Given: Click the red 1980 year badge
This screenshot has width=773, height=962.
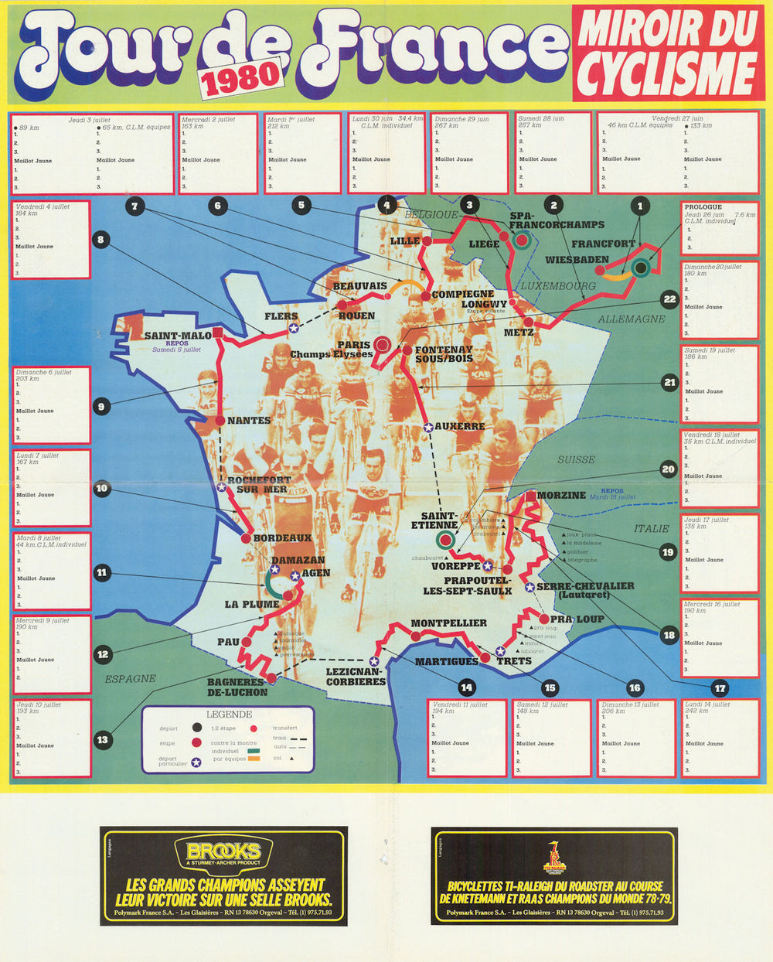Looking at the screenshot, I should (240, 77).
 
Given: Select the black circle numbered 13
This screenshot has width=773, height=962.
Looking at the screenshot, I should (103, 740).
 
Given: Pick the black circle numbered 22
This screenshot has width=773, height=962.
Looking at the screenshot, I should (669, 299).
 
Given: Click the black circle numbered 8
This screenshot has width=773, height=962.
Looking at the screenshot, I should (100, 240).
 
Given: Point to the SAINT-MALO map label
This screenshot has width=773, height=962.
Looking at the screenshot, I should (177, 336).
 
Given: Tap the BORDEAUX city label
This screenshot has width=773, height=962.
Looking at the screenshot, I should (283, 538).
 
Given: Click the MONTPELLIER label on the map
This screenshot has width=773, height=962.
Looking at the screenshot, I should (448, 623).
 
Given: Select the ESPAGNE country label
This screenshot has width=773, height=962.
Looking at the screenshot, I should (130, 679).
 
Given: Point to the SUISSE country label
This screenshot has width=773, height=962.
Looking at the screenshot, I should (577, 459).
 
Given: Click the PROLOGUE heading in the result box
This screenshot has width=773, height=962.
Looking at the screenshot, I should (703, 207).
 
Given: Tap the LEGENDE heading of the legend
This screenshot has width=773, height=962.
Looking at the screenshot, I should (229, 715).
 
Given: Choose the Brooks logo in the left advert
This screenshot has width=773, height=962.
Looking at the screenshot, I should (223, 852).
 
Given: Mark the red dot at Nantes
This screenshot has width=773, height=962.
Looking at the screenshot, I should (220, 421).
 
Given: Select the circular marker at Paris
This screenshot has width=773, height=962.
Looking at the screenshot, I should (382, 345).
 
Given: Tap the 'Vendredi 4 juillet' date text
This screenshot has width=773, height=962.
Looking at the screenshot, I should (43, 207).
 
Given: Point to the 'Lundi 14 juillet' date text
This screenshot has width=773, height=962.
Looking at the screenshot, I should (707, 704).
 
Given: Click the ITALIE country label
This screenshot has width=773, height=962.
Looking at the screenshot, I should (651, 529).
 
